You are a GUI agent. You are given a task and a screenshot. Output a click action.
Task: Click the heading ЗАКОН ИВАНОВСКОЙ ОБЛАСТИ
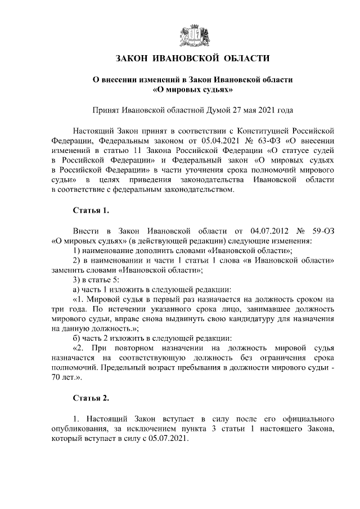click(192, 58)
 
